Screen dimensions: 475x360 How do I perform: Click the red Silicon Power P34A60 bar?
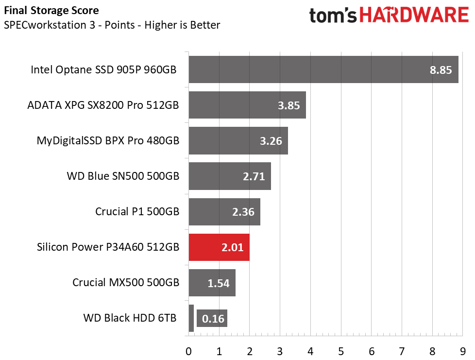[219, 247]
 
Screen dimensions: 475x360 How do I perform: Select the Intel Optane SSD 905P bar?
[323, 69]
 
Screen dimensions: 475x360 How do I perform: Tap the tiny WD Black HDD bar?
[191, 318]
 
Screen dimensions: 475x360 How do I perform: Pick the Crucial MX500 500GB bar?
[212, 283]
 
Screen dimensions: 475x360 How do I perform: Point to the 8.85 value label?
[441, 70]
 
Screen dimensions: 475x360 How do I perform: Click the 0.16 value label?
[213, 319]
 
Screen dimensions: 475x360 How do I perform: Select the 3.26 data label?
[271, 141]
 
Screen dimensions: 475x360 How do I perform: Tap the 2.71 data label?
[254, 176]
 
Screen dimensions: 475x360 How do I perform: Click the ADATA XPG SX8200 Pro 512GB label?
[103, 105]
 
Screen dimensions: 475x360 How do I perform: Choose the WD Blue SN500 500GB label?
[123, 176]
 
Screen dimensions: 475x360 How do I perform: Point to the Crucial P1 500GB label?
[137, 211]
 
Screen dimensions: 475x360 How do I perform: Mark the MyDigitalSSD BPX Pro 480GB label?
[108, 140]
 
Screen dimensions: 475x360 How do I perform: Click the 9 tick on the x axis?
[462, 352]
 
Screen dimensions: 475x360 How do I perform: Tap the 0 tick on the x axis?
[188, 352]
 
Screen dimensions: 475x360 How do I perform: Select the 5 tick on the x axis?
[341, 352]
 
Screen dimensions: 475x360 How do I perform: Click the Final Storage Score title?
[51, 11]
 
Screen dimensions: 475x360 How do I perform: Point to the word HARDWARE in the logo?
[414, 15]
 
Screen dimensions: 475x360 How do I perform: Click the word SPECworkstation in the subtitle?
[45, 25]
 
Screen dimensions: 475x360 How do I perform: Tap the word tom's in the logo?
[333, 16]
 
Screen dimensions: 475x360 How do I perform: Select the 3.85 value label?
[288, 105]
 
